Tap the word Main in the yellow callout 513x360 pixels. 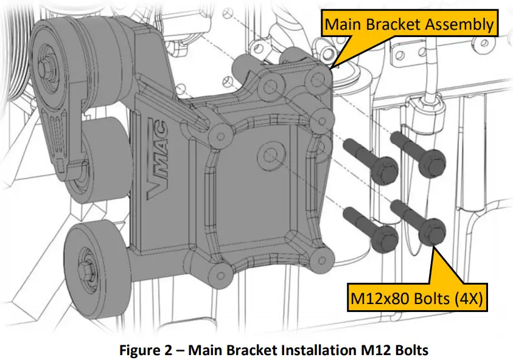tap(341, 24)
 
